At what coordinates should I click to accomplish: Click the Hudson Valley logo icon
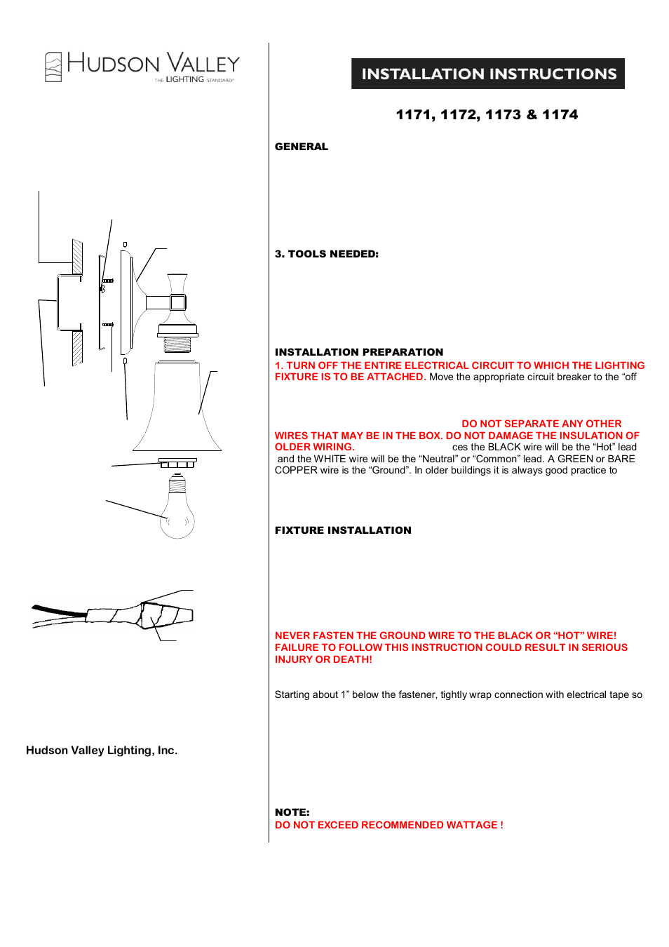tap(53, 67)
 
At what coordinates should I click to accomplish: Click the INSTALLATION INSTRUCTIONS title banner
tap(488, 74)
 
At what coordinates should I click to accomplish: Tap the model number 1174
tap(560, 115)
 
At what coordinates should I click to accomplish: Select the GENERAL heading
tap(302, 147)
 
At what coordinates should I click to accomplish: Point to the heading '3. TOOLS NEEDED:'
tap(327, 254)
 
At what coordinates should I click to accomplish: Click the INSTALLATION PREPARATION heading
tap(359, 352)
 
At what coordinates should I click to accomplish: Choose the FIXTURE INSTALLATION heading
tap(343, 530)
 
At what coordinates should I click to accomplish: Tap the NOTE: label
tap(292, 812)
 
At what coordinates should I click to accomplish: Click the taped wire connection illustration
tap(140, 614)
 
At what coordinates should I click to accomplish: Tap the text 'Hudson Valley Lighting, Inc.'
tap(102, 751)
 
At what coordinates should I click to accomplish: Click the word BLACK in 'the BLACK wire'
tap(505, 447)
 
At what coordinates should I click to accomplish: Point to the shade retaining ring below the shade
tap(177, 464)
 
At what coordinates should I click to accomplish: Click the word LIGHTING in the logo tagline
tap(185, 80)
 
